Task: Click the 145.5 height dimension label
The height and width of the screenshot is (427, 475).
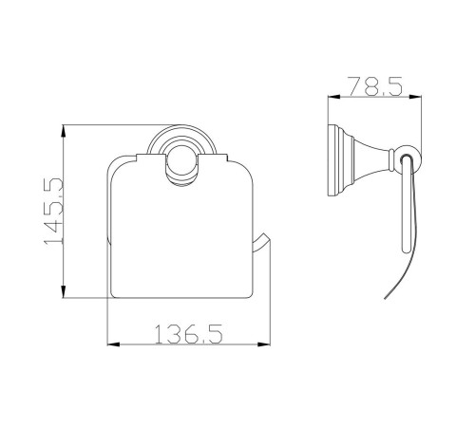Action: [x=53, y=212]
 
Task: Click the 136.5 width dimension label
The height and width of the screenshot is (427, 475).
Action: [x=189, y=333]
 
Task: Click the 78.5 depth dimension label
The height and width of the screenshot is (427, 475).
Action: [x=375, y=86]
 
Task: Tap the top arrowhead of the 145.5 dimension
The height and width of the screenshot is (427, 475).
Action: [x=64, y=131]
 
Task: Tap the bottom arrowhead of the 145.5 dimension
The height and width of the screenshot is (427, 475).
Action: [x=64, y=291]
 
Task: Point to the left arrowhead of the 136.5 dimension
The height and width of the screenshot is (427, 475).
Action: [x=114, y=344]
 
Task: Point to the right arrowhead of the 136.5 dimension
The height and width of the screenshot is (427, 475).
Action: [x=264, y=344]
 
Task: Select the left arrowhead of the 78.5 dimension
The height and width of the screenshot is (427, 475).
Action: [x=334, y=97]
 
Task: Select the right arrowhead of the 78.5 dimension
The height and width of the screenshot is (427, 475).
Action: [x=415, y=97]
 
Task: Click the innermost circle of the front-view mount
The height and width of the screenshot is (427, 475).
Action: [x=181, y=165]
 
